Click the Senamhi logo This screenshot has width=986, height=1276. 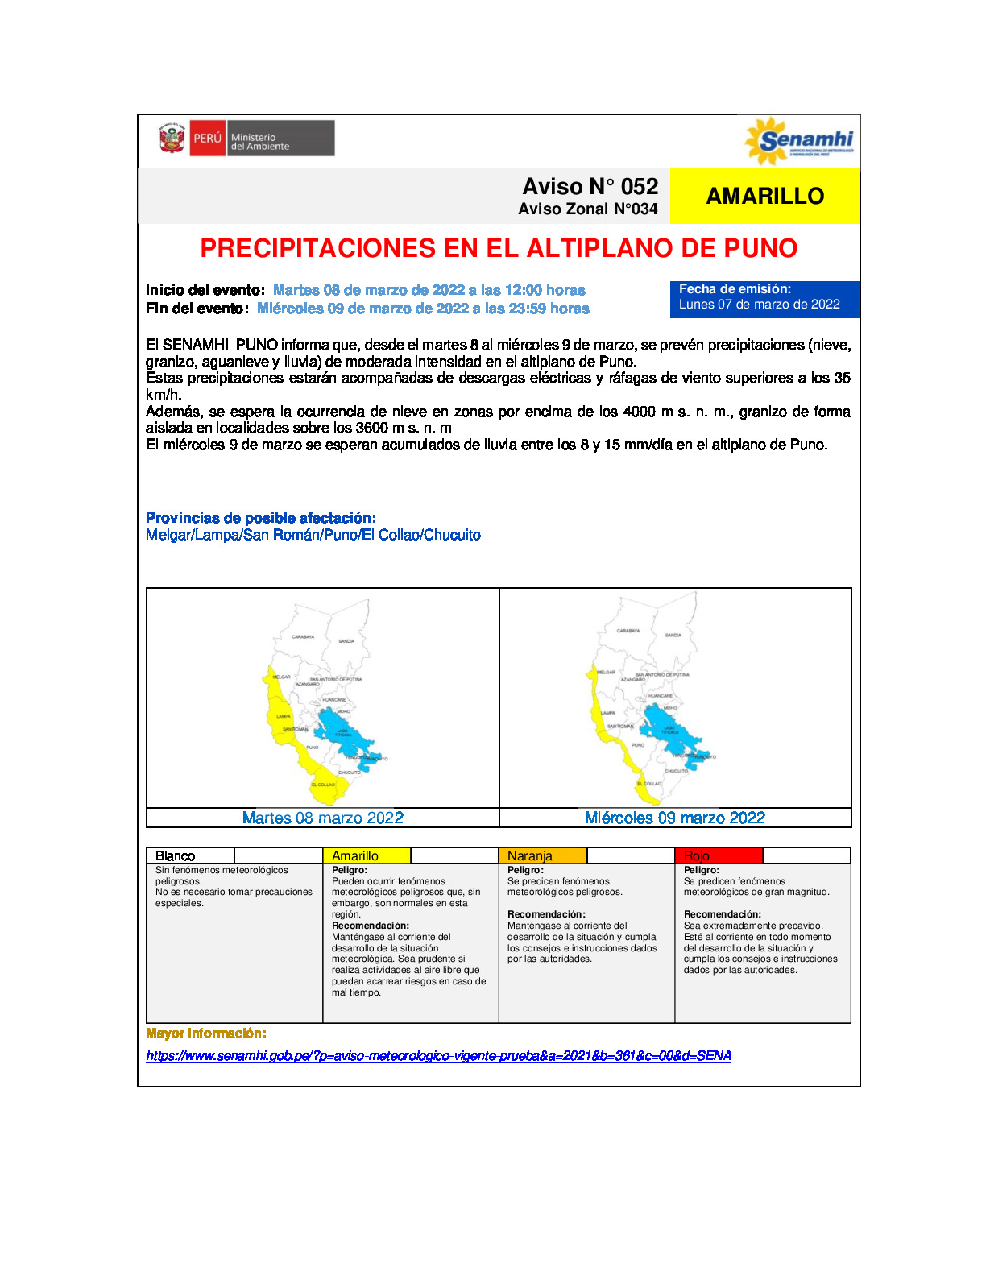pos(799,141)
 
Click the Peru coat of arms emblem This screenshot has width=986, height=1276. pos(172,139)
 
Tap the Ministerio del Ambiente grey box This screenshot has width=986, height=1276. pos(281,139)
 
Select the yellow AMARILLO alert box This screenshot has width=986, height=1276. pos(764,196)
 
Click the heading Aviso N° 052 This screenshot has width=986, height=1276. pos(590,186)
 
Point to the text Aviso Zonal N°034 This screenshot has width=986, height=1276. pos(587,209)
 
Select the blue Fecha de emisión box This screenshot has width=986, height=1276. pos(764,299)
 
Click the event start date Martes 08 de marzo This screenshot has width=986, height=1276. pos(429,290)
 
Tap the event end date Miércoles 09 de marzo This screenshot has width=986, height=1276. pos(423,309)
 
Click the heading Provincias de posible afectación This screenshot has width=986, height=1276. pos(261,518)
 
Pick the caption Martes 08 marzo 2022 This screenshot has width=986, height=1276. pos(323,818)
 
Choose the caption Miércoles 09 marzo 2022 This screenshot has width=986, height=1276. pos(675,818)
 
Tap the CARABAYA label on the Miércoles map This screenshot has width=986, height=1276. pos(628,631)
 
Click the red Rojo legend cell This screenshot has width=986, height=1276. pos(718,855)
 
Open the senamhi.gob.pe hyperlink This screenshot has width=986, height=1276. pos(438,1055)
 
